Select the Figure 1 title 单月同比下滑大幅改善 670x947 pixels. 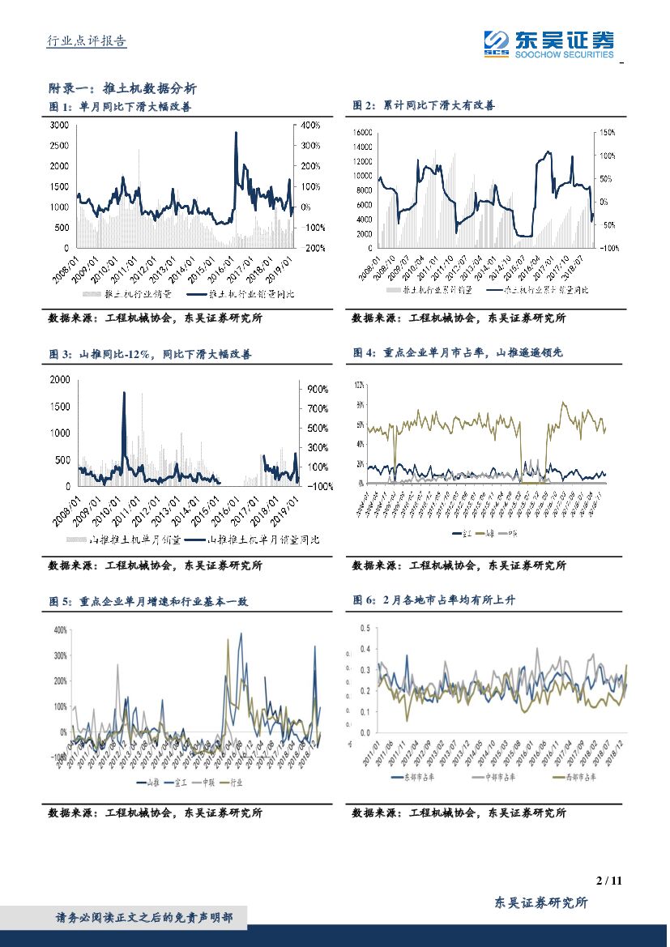(x=134, y=105)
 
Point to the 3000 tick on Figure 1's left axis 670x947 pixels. (x=60, y=126)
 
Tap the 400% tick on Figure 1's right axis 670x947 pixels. (x=311, y=126)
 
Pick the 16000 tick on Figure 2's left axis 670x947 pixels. (x=361, y=132)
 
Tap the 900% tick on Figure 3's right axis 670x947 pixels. (x=316, y=389)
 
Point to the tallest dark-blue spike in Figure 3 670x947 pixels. (x=124, y=395)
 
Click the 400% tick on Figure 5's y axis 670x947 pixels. (x=59, y=629)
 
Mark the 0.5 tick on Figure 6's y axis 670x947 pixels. (x=365, y=628)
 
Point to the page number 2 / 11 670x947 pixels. (x=608, y=881)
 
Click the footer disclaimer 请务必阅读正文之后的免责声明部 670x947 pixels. (x=144, y=918)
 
